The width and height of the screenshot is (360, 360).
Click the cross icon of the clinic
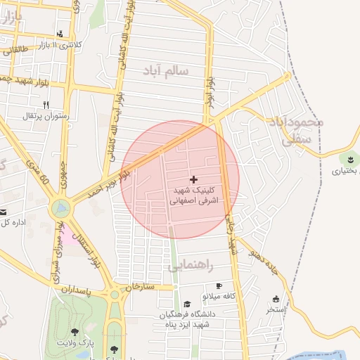(x=194, y=180)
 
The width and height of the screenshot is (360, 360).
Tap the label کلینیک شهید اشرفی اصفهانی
(x=194, y=195)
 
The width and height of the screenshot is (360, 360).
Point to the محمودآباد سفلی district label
(x=296, y=130)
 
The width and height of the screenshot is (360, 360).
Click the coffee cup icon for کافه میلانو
(x=219, y=286)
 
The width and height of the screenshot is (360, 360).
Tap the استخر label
(x=275, y=309)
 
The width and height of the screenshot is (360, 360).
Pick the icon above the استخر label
(x=275, y=298)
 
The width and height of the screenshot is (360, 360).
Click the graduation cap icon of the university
(x=187, y=304)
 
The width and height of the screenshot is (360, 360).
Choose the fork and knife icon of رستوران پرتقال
(x=46, y=104)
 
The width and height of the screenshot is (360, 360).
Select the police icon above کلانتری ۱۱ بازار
(x=60, y=34)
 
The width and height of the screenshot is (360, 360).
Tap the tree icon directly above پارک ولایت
(x=75, y=332)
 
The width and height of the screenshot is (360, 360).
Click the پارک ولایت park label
(x=75, y=342)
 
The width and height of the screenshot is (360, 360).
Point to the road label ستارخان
(x=139, y=287)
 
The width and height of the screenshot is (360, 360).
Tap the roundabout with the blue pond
(x=61, y=208)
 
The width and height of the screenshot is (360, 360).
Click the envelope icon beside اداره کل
(x=4, y=212)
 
